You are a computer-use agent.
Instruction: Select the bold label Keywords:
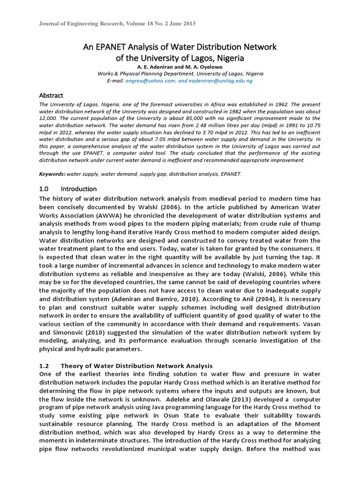click(52, 174)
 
